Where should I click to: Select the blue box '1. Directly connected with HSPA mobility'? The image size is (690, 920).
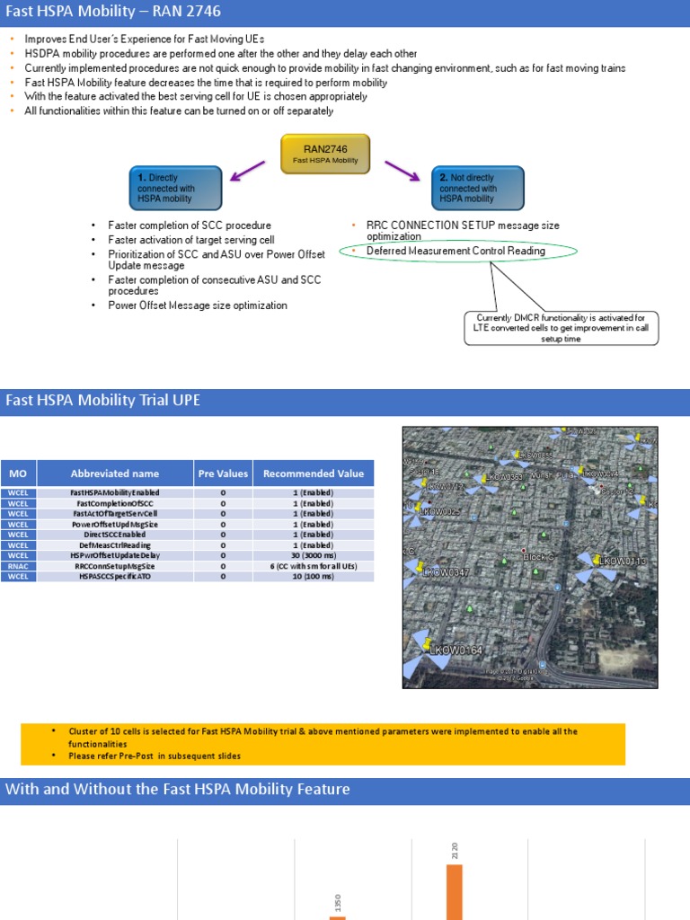[175, 189]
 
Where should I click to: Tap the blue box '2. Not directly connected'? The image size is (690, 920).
[477, 189]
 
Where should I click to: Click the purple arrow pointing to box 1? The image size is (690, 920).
[247, 170]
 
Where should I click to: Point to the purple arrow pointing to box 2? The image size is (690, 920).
[403, 170]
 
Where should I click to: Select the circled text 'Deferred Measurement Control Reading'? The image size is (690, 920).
[456, 252]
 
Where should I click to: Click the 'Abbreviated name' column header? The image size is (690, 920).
[115, 473]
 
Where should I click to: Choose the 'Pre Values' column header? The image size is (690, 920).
[223, 473]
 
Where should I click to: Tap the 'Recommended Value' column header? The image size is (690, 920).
[314, 473]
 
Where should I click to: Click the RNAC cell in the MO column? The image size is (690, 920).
[19, 566]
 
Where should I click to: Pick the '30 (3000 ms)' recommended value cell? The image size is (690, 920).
[314, 555]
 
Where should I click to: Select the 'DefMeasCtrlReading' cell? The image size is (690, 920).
[115, 545]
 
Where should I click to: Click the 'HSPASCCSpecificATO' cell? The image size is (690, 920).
[115, 576]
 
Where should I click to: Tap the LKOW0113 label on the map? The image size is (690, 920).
[623, 562]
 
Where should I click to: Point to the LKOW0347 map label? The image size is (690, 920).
[447, 572]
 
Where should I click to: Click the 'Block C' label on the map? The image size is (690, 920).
[540, 557]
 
